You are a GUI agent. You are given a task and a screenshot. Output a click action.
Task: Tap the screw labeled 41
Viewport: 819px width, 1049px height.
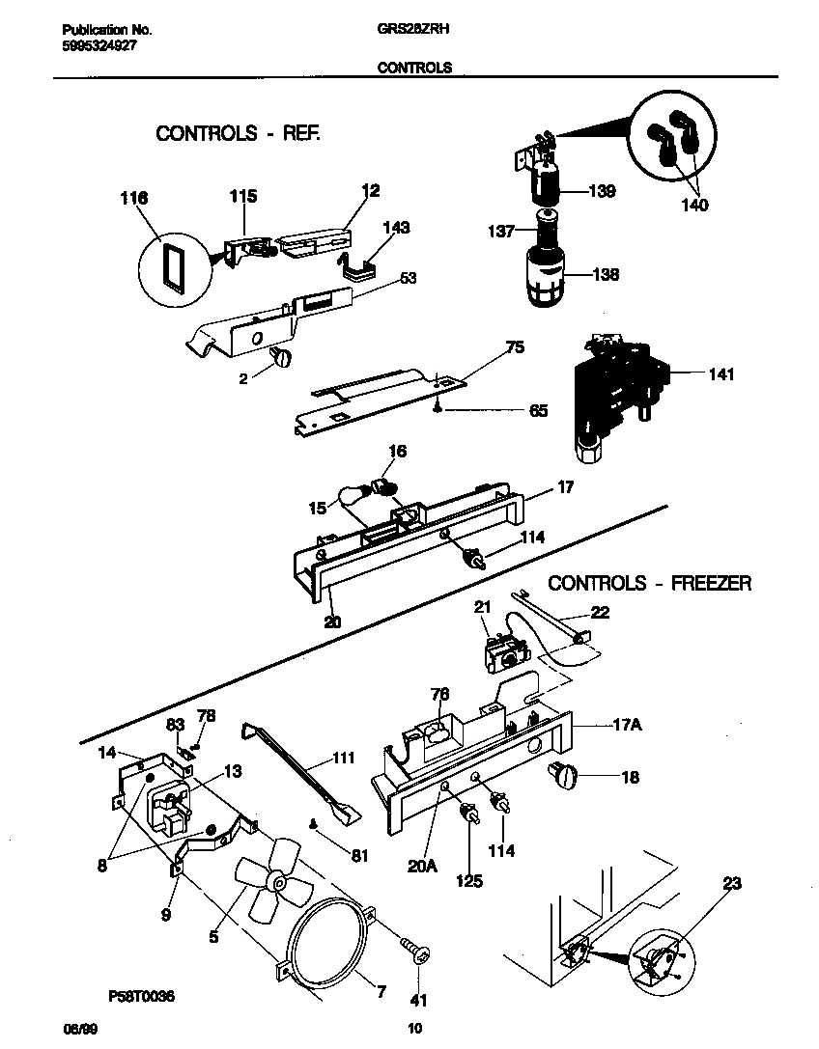(417, 952)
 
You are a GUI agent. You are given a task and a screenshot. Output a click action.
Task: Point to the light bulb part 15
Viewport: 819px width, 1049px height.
(354, 496)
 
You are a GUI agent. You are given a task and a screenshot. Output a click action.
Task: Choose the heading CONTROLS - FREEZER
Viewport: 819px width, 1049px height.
(649, 583)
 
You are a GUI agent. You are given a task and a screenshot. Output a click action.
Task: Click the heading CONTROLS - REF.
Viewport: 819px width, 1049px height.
(238, 134)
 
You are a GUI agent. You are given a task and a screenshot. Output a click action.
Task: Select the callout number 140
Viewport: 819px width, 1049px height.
(694, 205)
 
